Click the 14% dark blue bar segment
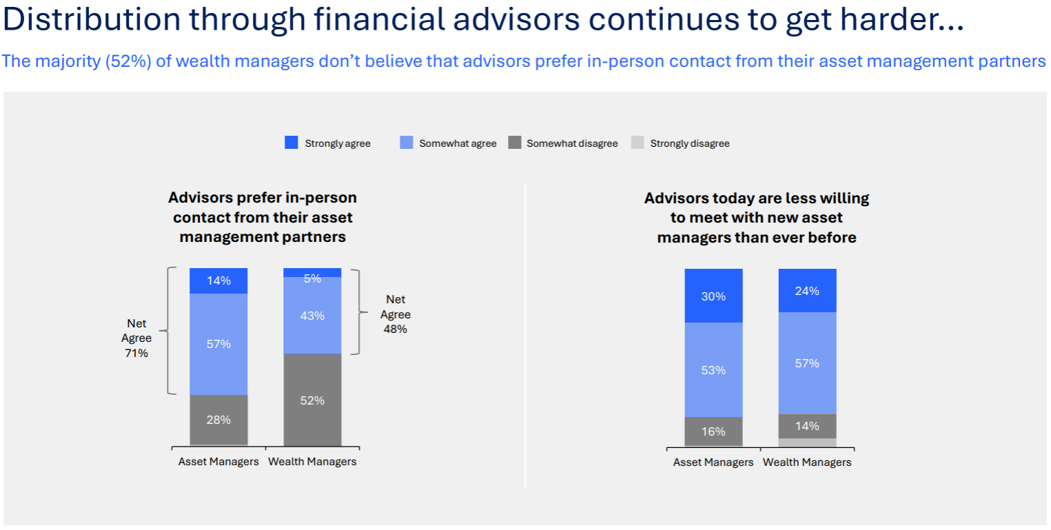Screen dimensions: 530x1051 (218, 281)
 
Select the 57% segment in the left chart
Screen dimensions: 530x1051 (218, 344)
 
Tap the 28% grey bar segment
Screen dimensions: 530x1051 (218, 419)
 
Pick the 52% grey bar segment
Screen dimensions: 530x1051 (312, 400)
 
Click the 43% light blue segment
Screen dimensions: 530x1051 (312, 315)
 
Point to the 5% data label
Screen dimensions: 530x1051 (312, 278)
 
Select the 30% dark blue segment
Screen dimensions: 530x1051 (713, 296)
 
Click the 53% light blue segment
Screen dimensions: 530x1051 (713, 369)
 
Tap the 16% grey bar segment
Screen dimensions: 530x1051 (713, 431)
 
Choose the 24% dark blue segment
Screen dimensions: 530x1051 (807, 290)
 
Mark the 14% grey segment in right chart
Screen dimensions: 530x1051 (807, 425)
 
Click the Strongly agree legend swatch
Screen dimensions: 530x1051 (292, 143)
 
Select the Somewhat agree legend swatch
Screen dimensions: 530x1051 (407, 143)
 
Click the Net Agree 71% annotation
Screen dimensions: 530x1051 (136, 338)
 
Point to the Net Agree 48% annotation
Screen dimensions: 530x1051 (396, 314)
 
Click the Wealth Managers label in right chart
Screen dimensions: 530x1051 (807, 462)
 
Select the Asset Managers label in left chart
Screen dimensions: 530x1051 (218, 462)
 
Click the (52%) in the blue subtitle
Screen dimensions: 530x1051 (128, 61)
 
